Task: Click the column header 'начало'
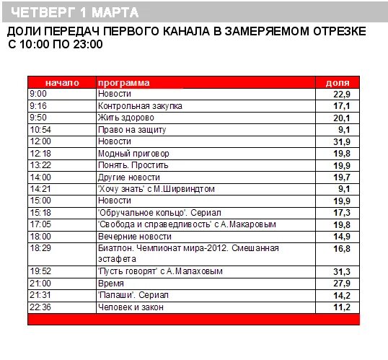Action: [x=62, y=82]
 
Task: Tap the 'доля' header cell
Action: [x=338, y=82]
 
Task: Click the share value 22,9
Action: [x=341, y=95]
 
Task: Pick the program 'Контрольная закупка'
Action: [x=140, y=106]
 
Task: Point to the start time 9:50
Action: [x=38, y=118]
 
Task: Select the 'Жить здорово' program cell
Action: [x=126, y=118]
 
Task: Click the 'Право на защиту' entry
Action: [x=132, y=129]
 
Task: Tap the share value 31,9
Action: [x=341, y=141]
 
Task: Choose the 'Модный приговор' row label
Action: [x=133, y=153]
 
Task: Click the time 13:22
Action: [x=40, y=164]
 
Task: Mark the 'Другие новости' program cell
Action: [x=129, y=177]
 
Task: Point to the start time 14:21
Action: [x=40, y=188]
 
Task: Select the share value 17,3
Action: [x=341, y=212]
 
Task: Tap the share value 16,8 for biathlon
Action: [x=341, y=248]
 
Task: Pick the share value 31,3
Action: [x=341, y=271]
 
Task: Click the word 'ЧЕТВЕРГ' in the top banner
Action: [x=42, y=13]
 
